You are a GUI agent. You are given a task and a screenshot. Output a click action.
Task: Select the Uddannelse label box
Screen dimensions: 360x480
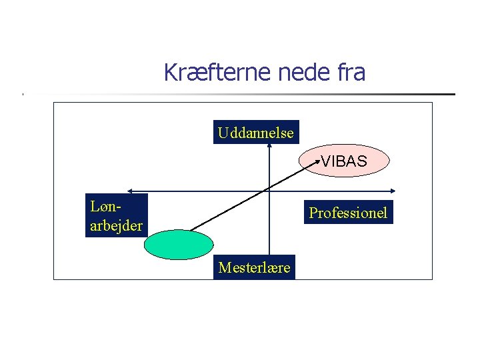tap(255, 133)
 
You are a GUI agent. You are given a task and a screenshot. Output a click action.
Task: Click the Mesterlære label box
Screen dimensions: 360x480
tap(255, 268)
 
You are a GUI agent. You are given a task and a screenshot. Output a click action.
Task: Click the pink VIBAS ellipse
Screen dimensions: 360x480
tap(344, 161)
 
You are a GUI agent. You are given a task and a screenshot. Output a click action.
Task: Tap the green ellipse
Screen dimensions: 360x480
tap(179, 244)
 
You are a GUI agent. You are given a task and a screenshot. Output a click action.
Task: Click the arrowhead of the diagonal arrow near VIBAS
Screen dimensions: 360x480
tap(317, 161)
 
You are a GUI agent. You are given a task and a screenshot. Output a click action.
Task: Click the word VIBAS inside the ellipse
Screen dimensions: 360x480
tap(344, 161)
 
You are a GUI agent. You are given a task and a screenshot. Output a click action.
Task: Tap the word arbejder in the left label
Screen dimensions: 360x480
tap(116, 226)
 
